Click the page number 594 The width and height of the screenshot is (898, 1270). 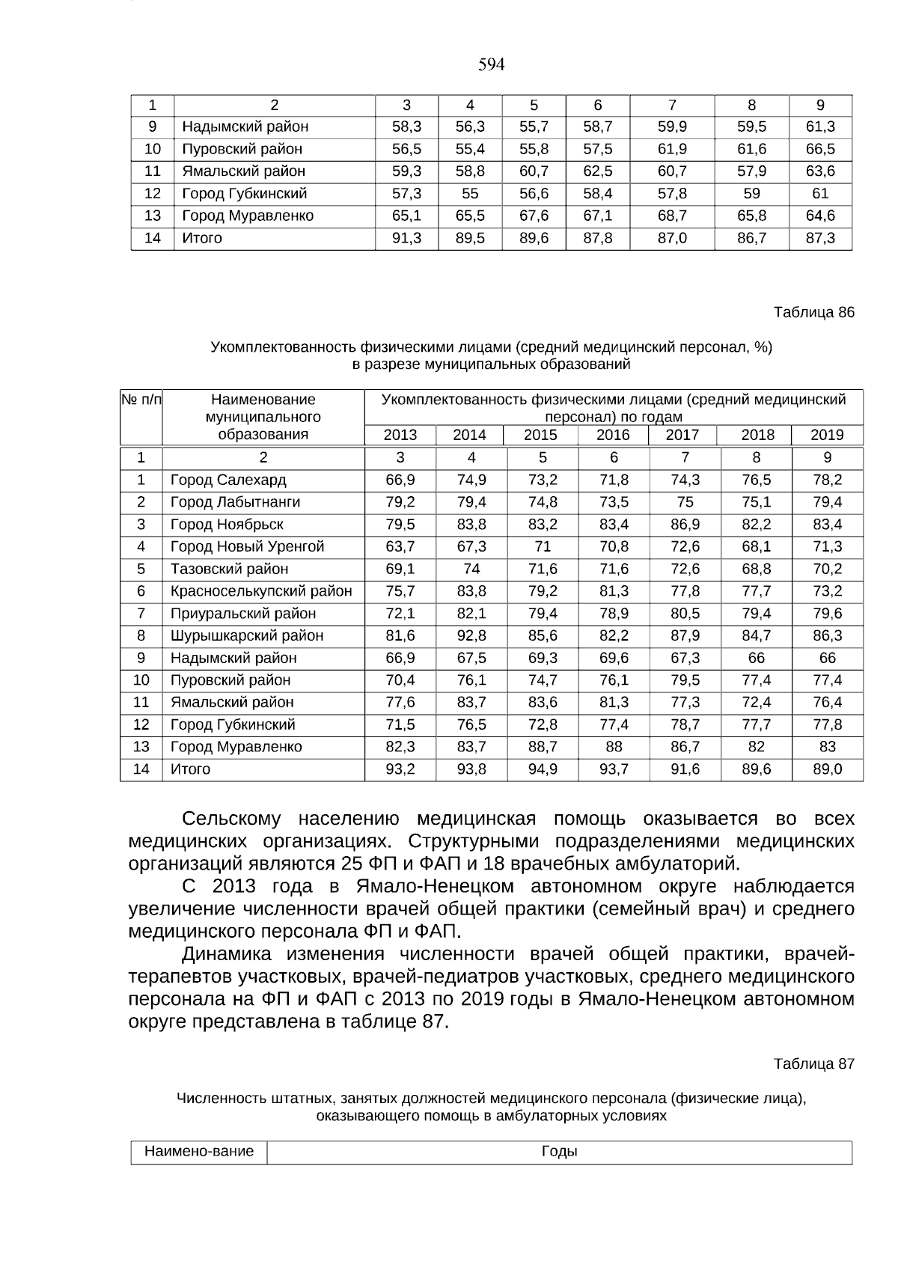click(x=491, y=65)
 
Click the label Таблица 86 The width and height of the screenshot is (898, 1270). click(x=813, y=312)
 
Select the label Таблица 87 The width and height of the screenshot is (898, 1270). click(x=813, y=1063)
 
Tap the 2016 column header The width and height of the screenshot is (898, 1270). click(x=614, y=435)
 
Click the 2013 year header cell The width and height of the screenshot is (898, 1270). click(x=400, y=435)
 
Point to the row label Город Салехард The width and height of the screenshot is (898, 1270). click(x=228, y=480)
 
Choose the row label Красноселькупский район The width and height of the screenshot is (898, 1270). click(x=261, y=591)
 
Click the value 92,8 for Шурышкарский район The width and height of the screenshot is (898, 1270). click(x=471, y=635)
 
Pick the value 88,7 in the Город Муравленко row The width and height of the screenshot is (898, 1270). click(x=542, y=747)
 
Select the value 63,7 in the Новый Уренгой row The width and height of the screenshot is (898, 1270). click(x=400, y=546)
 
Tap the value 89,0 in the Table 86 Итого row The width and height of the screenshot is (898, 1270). click(x=827, y=769)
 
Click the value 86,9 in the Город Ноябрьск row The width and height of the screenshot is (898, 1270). click(x=685, y=525)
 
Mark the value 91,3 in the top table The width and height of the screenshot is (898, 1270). click(x=406, y=238)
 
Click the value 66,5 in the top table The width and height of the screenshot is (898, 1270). click(x=820, y=149)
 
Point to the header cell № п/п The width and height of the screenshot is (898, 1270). click(x=141, y=400)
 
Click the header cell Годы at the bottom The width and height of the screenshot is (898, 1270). click(x=559, y=1152)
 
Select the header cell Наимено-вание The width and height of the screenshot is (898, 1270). click(x=198, y=1152)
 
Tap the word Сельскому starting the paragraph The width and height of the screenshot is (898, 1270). click(x=231, y=819)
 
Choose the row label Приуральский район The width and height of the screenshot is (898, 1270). click(x=242, y=614)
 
